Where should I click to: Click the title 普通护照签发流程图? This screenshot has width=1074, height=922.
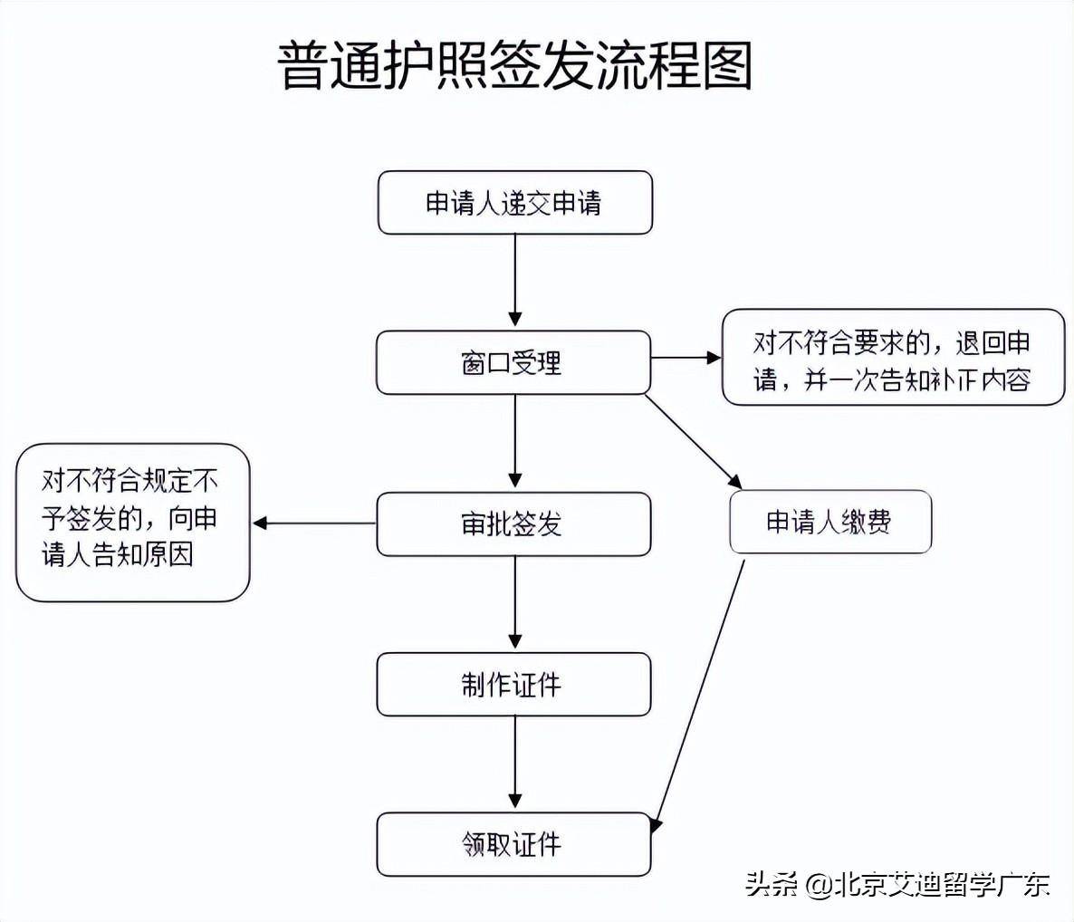514,65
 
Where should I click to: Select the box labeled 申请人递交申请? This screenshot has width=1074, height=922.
514,203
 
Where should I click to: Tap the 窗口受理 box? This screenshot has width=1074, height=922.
513,362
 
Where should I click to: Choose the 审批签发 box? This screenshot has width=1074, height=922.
513,523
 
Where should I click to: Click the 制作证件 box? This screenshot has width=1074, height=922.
513,685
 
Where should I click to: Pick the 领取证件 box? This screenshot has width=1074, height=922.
513,844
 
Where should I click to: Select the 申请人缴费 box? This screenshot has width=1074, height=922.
829,522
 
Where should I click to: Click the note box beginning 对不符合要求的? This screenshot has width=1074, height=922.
893,358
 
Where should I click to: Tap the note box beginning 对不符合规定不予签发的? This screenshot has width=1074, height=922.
132,522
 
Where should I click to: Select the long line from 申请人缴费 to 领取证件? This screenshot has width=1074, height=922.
699,693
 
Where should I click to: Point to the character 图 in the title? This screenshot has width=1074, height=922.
726,65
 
